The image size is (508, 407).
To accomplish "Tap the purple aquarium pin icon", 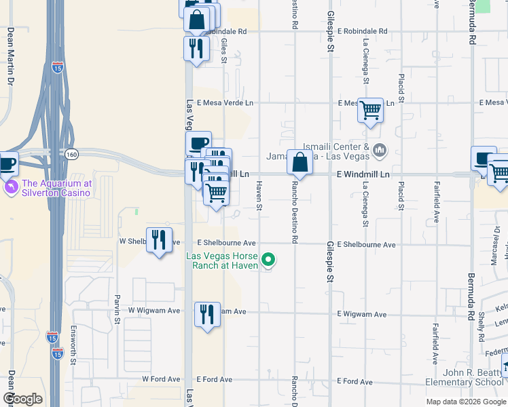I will click(x=12, y=187).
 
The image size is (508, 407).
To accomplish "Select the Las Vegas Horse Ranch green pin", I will click(x=268, y=259).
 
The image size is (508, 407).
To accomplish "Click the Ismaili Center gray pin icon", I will click(x=379, y=149).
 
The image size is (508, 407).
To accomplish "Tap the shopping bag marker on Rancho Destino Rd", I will click(x=300, y=163).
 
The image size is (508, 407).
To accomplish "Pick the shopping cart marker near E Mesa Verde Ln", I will click(x=370, y=109).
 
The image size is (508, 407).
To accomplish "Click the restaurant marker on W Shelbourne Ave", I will click(x=159, y=239).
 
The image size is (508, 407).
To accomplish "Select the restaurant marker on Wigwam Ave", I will click(x=207, y=314).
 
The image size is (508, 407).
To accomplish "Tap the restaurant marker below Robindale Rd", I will click(x=196, y=48).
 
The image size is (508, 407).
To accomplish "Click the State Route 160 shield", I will click(x=71, y=155).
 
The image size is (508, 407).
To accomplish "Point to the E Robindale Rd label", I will click(x=364, y=31).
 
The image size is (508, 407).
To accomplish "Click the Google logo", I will click(x=22, y=399).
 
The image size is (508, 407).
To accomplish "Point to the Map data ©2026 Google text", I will click(x=465, y=402).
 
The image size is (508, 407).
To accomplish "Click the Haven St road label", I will click(x=259, y=197).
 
